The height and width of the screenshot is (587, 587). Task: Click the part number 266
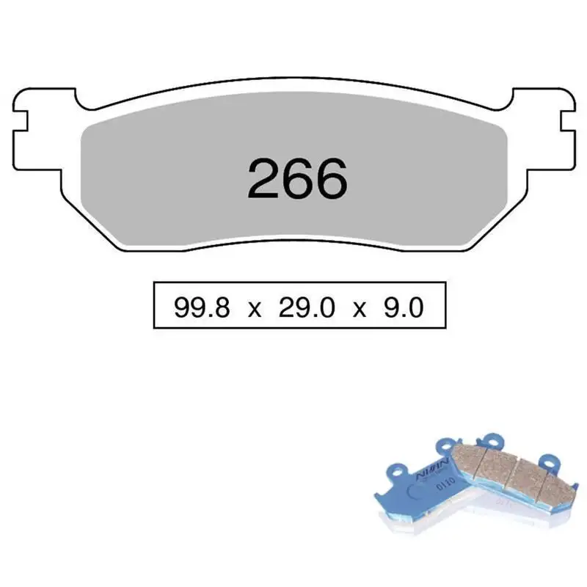coord(298,179)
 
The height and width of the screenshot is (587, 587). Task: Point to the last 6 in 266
coord(332,179)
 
